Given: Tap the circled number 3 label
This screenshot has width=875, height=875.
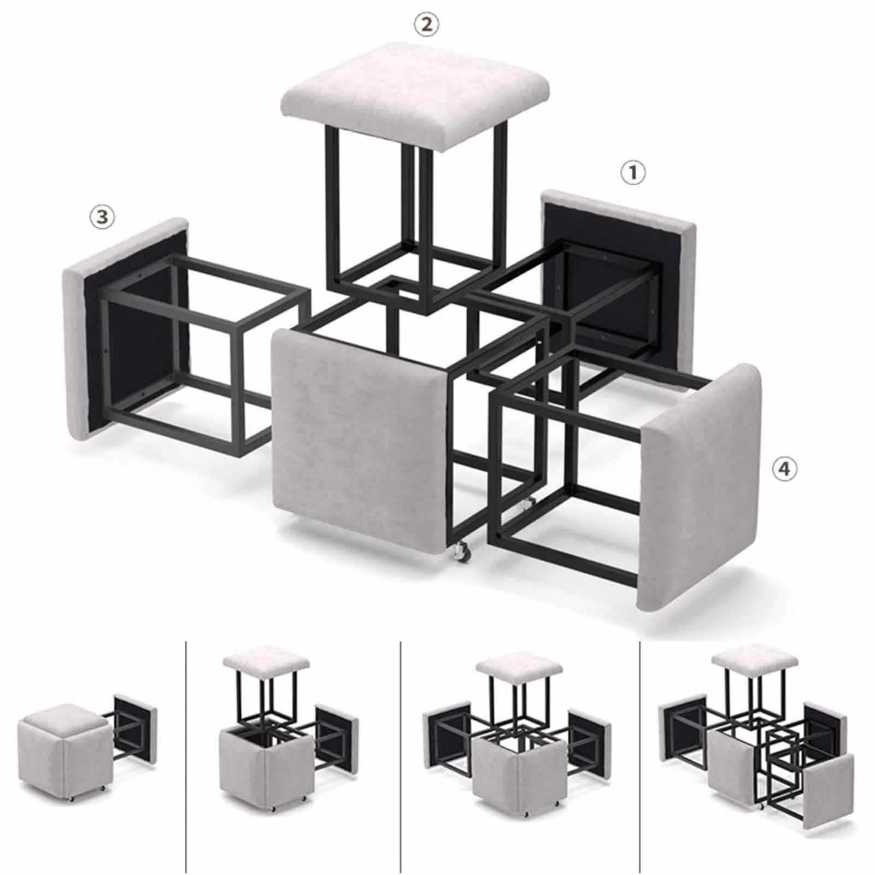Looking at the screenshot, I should coord(102,218).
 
